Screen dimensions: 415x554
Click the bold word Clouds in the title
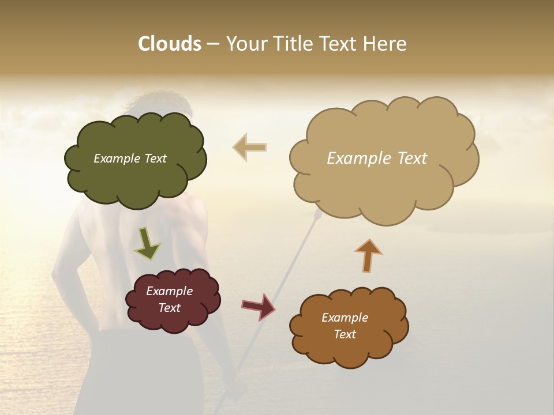coord(169,44)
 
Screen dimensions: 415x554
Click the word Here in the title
coord(386,44)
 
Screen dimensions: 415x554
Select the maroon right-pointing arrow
coord(258,306)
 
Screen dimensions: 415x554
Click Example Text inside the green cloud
coord(130,159)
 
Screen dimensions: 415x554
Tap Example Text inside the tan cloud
coord(377,159)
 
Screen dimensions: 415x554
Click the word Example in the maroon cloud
coord(169,291)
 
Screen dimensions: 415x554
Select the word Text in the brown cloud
coord(345,334)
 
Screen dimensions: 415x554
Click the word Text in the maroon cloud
coord(169,308)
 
